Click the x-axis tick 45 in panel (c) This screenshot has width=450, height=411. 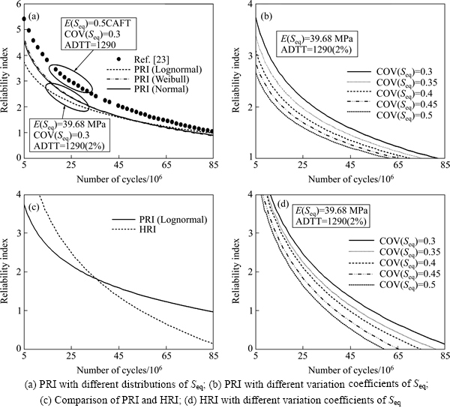pos(118,355)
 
